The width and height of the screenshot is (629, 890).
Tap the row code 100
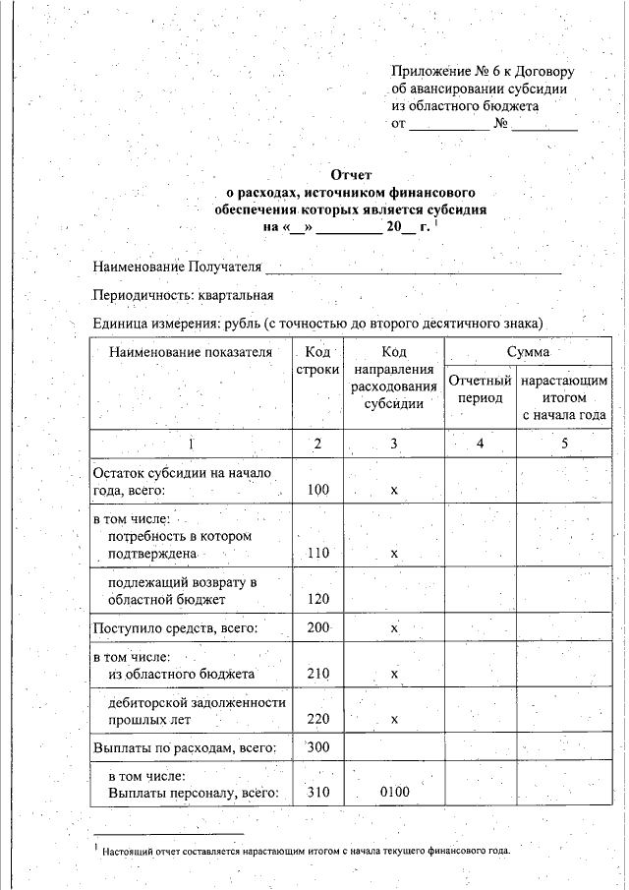317,489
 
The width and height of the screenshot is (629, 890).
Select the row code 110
317,554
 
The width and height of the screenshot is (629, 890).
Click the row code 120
317,598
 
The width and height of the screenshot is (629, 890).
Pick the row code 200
317,627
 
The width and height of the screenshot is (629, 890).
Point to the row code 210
317,674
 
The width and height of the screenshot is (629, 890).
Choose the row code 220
317,719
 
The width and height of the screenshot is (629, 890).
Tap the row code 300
317,748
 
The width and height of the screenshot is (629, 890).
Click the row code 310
317,793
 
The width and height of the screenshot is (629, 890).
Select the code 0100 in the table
393,793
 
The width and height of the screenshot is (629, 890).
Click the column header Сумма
528,351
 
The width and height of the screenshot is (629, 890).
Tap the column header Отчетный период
480,389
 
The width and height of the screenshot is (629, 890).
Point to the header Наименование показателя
190,352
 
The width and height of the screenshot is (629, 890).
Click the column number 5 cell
565,444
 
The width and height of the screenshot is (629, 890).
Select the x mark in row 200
393,627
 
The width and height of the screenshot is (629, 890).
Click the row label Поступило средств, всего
174,627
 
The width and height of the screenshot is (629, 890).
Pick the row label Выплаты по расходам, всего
184,748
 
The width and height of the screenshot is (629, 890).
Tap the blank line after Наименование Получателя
413,267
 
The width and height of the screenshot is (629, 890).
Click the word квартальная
235,295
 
